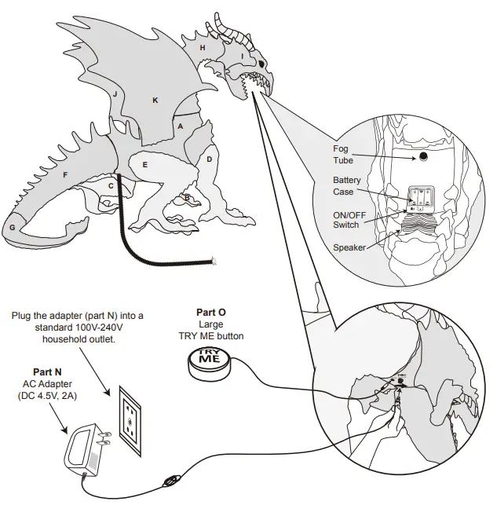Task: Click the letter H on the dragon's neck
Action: point(203,48)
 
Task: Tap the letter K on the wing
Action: point(155,100)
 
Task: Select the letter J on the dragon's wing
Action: point(115,93)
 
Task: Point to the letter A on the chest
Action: point(180,126)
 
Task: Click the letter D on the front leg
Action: point(209,159)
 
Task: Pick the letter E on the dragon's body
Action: point(144,165)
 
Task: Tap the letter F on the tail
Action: point(65,174)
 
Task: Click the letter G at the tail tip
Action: point(13,227)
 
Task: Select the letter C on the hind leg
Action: point(111,185)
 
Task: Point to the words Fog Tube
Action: point(343,154)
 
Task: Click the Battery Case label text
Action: point(347,186)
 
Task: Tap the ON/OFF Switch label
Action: point(345,220)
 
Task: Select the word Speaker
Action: point(349,247)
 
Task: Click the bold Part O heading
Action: point(210,313)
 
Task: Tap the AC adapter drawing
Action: point(86,449)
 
